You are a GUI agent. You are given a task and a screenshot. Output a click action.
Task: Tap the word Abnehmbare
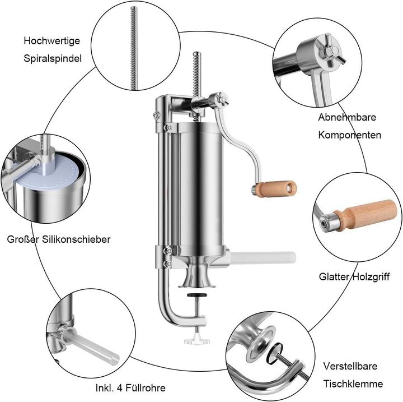(346, 117)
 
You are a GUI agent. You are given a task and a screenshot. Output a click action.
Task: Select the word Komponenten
(350, 135)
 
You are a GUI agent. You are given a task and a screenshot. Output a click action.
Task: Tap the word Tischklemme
(353, 384)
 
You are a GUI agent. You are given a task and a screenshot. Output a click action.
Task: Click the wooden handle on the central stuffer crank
(277, 187)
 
